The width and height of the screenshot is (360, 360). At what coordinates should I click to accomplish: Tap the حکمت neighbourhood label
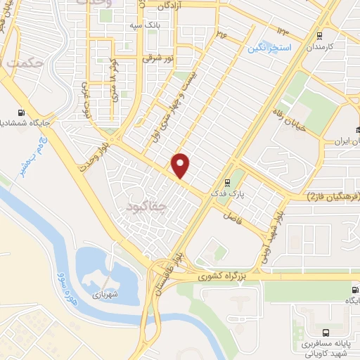click(x=27, y=64)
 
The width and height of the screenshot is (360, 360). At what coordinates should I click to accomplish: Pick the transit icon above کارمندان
click(x=319, y=35)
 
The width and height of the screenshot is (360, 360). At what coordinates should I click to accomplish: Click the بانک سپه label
click(x=141, y=26)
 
